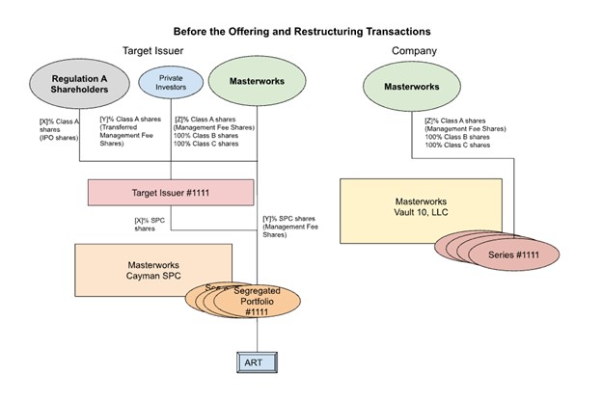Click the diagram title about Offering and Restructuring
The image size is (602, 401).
point(301,32)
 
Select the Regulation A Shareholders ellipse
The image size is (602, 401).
point(65,84)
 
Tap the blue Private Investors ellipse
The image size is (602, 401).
point(170,83)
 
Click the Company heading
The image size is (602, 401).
point(414,50)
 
